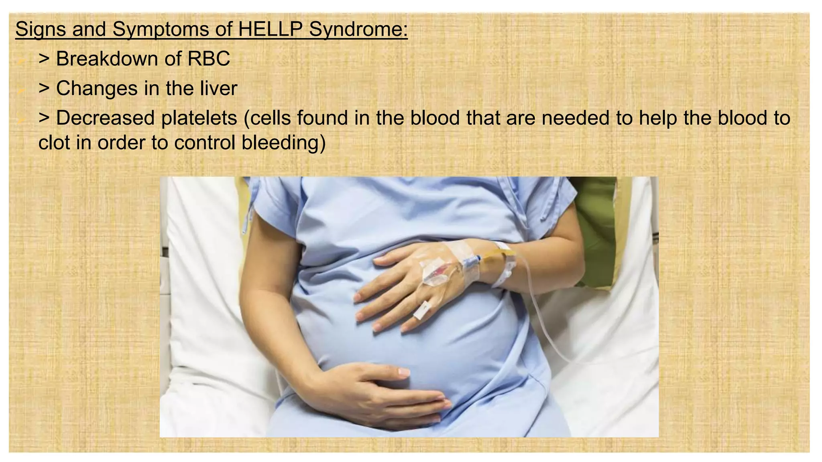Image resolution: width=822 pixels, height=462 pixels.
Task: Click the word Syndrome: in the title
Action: pos(358,29)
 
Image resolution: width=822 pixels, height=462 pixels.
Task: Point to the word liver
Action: pos(218,88)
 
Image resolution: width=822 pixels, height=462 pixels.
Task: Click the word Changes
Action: pos(97,88)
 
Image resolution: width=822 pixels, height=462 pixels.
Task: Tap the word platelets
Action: pos(199,118)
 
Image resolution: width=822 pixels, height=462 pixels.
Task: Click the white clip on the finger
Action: pos(421,310)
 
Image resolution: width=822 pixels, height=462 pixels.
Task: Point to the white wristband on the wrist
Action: pos(505,265)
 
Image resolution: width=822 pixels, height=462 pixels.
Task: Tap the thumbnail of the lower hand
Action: pos(404,373)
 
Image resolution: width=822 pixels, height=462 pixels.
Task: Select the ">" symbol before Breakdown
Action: pos(44,59)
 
